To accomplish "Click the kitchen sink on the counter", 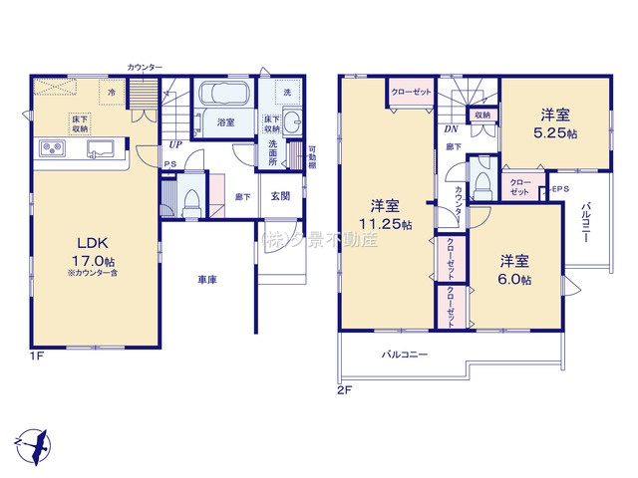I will (101, 149).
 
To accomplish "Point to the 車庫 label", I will (207, 281).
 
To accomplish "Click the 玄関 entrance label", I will (280, 197).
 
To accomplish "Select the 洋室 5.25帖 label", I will (554, 123).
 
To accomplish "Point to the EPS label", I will (558, 188).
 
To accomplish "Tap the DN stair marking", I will (451, 127).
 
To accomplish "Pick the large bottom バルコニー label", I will (404, 354).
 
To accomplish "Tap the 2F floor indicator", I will (344, 389).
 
